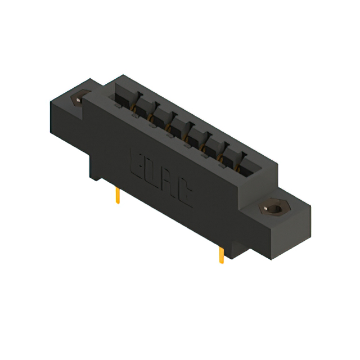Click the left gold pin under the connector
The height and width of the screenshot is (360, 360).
[118, 195]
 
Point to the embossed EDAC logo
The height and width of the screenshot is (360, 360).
[162, 178]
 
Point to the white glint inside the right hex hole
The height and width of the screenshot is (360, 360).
[266, 206]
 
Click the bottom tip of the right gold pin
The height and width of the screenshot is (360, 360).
[222, 263]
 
